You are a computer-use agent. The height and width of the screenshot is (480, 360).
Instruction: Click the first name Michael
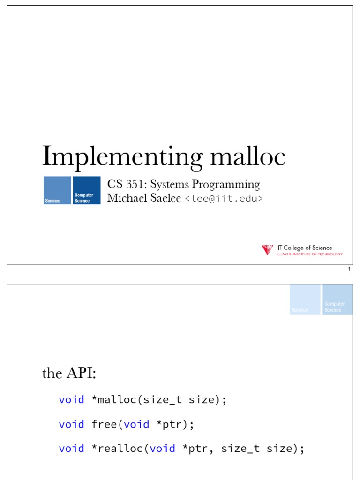coord(126,198)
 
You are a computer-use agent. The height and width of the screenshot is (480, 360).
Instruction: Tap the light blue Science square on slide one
coord(57,190)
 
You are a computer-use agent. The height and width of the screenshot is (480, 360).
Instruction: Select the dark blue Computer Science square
coord(87,190)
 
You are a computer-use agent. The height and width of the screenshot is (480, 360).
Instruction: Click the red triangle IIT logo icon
coord(267,250)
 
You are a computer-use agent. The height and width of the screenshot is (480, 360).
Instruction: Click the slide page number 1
coord(349,270)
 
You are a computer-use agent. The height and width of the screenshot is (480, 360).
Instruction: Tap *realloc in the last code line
coord(117,449)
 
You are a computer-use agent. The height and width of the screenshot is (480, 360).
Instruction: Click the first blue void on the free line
coord(71,424)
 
